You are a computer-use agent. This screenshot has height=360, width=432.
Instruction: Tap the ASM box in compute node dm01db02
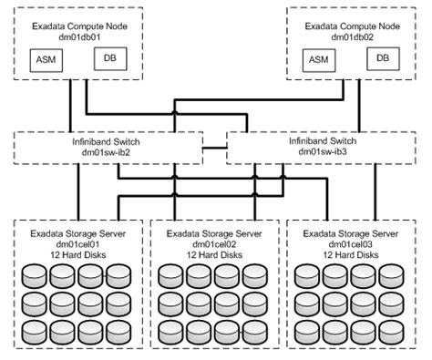pyautogui.click(x=319, y=60)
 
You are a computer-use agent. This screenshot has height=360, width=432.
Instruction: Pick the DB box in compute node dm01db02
pyautogui.click(x=382, y=59)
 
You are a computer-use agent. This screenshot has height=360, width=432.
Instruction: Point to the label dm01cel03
pyautogui.click(x=350, y=243)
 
